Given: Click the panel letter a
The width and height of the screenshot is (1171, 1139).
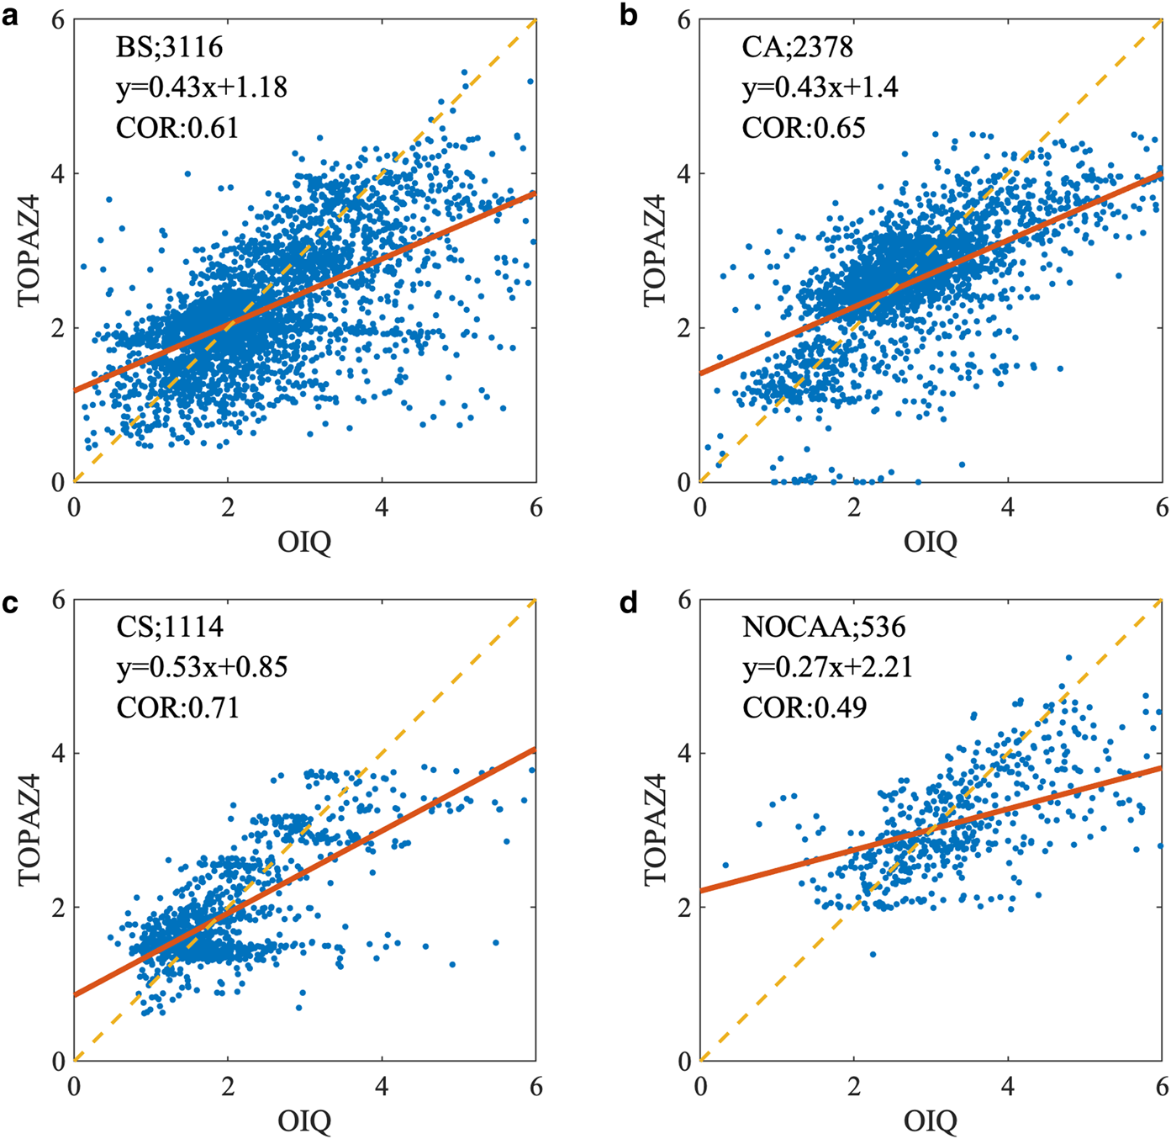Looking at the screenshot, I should coord(10,16).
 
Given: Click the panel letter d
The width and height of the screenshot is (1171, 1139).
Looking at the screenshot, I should coord(629,602).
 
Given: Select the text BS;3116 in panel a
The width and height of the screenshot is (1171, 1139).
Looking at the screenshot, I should coord(169,47).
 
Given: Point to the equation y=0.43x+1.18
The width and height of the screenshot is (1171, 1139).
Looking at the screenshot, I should coord(202,87).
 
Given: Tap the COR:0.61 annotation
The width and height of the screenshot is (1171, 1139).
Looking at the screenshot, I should coord(177,128).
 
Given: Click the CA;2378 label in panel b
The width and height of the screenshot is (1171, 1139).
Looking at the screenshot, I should coord(797,47).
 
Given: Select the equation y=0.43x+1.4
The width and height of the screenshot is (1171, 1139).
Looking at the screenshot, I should coord(820,87).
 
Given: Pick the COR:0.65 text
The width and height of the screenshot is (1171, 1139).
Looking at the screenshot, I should coord(804,128).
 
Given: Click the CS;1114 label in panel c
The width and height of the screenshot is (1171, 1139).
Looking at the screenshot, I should coord(170,627).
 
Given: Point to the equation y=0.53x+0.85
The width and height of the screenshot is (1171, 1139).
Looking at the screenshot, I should coord(202,667).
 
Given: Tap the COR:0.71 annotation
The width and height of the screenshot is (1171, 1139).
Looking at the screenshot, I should coord(177,707).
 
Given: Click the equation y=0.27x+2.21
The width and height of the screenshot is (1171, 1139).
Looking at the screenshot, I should coord(827,667).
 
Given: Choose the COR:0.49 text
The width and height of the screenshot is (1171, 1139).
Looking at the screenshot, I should coord(804,707).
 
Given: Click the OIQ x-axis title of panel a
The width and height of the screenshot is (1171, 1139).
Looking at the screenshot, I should coord(304,543).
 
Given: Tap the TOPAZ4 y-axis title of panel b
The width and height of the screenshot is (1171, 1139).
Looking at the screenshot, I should coord(656,251).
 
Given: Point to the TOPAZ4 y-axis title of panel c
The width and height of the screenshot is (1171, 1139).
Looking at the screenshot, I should coord(30,830).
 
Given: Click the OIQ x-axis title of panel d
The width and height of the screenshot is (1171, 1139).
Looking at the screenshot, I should coord(931,1122).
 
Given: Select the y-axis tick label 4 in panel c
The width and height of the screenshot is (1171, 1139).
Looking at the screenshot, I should coord(58,753).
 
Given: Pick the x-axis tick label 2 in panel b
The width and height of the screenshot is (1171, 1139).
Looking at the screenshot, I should coord(854,508).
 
